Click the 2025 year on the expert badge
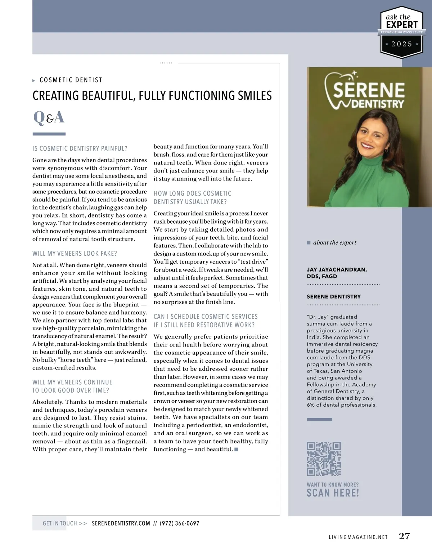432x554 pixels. [x=402, y=44]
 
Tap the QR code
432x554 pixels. [x=324, y=459]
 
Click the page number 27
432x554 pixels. [x=404, y=536]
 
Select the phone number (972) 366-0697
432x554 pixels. [x=179, y=523]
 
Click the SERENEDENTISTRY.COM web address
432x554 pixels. [x=121, y=523]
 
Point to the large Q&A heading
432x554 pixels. [x=49, y=117]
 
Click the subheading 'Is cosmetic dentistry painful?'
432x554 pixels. [x=80, y=148]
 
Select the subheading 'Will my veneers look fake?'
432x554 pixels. [x=75, y=254]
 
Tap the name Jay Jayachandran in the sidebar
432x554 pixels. [x=337, y=269]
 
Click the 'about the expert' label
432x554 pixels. [x=334, y=242]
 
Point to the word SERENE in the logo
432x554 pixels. [x=369, y=90]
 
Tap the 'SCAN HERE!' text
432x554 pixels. [x=333, y=493]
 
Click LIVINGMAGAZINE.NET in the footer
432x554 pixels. [x=358, y=537]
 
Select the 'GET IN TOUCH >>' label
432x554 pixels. [x=65, y=523]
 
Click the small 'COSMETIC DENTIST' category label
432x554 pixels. [x=71, y=80]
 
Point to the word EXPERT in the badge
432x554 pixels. [x=402, y=24]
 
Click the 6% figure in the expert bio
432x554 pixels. [x=310, y=405]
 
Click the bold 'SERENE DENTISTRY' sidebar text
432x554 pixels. [x=334, y=296]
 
